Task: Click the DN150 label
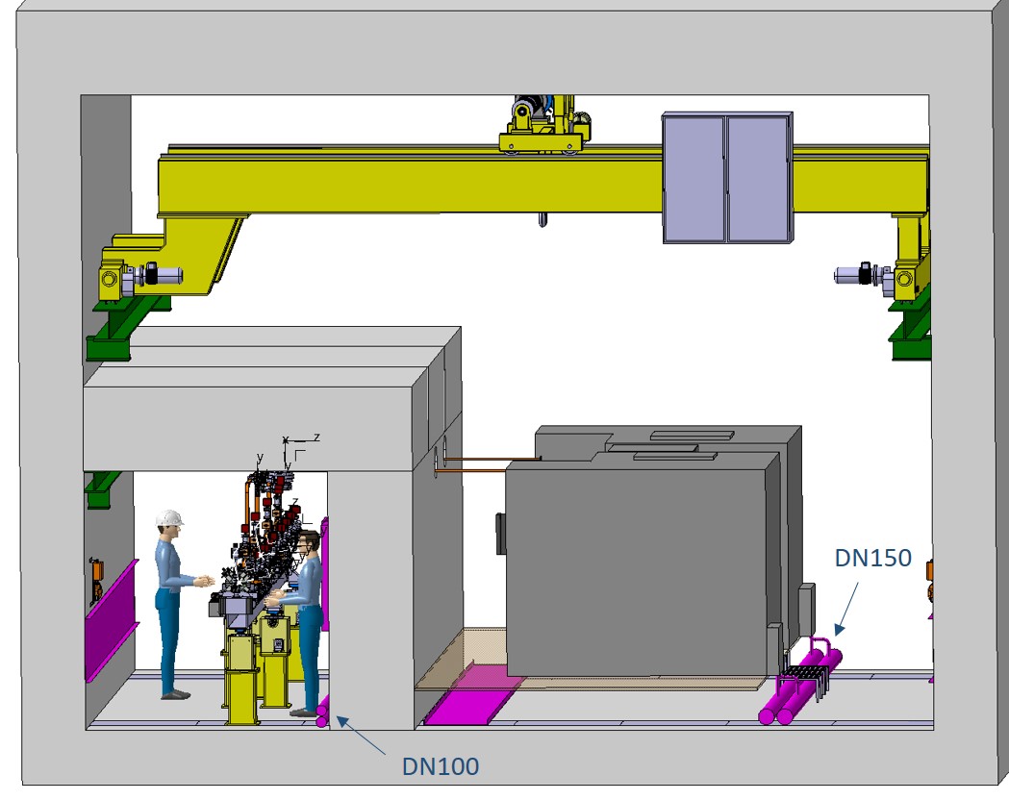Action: click(x=872, y=558)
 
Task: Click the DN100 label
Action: click(x=441, y=766)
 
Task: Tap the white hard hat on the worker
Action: click(x=169, y=517)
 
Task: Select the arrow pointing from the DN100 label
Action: click(x=361, y=735)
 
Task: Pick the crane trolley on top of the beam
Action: click(x=544, y=124)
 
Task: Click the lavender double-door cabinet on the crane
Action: click(x=727, y=178)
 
